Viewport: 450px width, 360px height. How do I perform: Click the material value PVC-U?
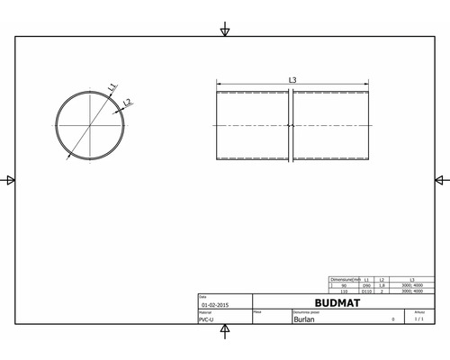tap(206, 319)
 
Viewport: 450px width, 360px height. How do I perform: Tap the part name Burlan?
tap(303, 319)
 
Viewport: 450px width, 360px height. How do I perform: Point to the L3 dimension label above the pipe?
tap(292, 81)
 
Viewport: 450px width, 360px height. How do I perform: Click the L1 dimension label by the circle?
tap(111, 88)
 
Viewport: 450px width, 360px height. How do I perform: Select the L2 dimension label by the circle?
tap(127, 103)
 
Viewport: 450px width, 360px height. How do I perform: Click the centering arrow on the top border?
tap(224, 31)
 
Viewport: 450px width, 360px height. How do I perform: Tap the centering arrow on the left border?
tap(10, 180)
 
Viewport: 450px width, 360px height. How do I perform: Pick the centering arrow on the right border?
tap(439, 180)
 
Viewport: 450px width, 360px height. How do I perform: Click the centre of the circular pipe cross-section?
tap(91, 125)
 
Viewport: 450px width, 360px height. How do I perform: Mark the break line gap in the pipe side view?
tap(291, 126)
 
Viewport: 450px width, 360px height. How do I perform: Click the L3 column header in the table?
tap(412, 280)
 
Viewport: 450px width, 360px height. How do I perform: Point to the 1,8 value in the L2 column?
tap(382, 285)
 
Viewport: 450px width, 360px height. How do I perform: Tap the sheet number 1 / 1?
tap(418, 319)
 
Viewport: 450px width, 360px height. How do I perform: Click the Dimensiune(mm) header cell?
tap(345, 280)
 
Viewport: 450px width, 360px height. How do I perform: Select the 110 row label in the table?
tap(345, 292)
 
